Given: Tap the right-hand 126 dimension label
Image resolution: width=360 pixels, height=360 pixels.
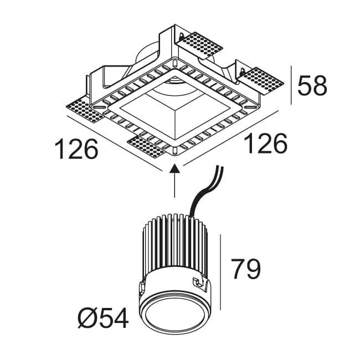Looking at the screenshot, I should pos(266,144).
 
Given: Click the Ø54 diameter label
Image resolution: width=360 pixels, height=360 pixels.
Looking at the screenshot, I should pos(103,318).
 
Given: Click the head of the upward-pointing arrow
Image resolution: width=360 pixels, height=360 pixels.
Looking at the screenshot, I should pos(175,169).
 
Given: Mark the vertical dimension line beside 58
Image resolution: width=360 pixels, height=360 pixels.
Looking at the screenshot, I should pos(291,85).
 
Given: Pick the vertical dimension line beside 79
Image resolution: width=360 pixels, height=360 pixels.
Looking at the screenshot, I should pos(221,271).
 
